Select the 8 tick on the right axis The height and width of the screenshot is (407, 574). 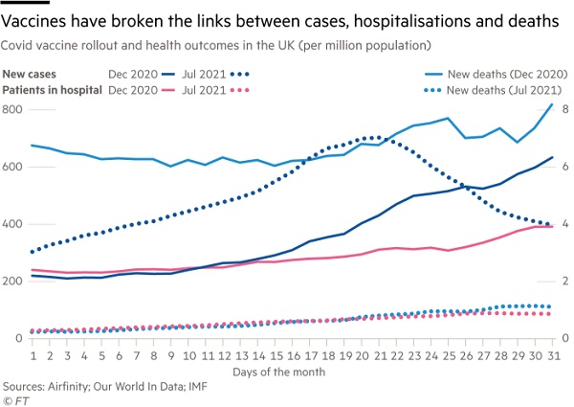click(564, 109)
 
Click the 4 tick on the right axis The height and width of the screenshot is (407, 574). click(564, 224)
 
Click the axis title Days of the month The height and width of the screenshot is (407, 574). click(288, 371)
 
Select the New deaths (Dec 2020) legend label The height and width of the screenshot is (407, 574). click(498, 73)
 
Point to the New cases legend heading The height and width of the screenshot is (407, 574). click(29, 73)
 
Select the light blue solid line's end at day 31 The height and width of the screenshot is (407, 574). click(553, 104)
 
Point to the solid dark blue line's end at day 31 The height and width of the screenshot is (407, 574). click(553, 158)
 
